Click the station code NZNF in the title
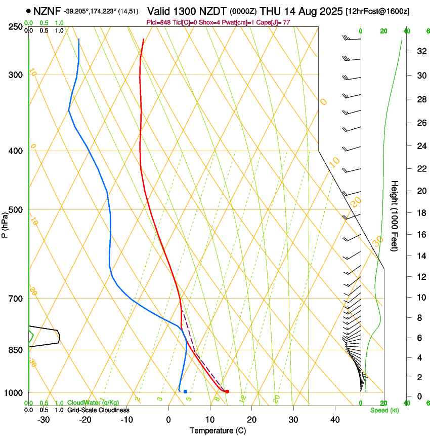[47, 11]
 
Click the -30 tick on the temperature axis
[44, 420]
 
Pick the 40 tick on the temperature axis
[335, 420]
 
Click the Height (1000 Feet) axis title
[395, 216]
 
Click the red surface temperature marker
[227, 391]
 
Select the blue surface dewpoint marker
[186, 391]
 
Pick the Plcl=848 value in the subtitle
[157, 23]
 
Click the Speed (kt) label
[384, 410]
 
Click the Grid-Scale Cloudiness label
[98, 410]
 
